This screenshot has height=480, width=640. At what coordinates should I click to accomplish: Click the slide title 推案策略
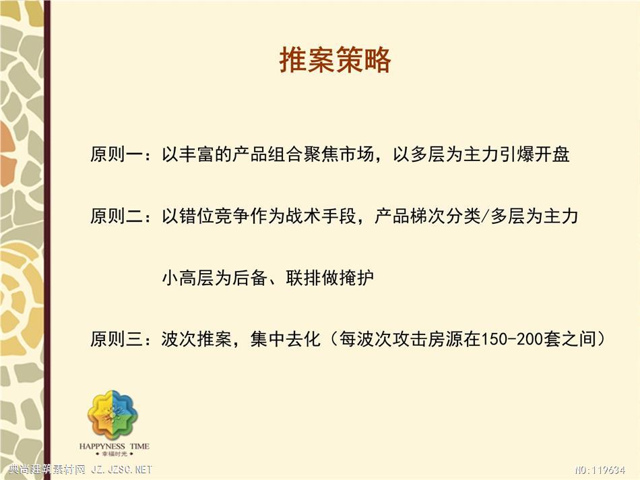pyautogui.click(x=335, y=59)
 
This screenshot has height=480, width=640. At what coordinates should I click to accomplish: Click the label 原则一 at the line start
pyautogui.click(x=117, y=155)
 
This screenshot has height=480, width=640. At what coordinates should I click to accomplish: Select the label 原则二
pyautogui.click(x=117, y=216)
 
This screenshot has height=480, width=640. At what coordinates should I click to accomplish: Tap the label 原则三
pyautogui.click(x=117, y=339)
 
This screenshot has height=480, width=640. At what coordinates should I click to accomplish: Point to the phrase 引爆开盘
pyautogui.click(x=535, y=155)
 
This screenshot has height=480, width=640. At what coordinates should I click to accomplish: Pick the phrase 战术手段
pyautogui.click(x=321, y=216)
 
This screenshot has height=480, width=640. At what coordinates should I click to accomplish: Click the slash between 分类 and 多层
pyautogui.click(x=485, y=216)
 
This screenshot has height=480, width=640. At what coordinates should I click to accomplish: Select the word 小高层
pyautogui.click(x=188, y=278)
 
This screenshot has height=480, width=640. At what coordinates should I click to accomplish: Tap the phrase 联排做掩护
pyautogui.click(x=330, y=278)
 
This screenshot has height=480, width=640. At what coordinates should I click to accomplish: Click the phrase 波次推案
pyautogui.click(x=197, y=339)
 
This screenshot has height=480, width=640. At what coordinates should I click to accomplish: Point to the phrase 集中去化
pyautogui.click(x=286, y=339)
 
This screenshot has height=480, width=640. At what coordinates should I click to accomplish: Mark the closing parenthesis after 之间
pyautogui.click(x=601, y=339)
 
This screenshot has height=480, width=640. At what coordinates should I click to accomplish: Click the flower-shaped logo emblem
pyautogui.click(x=113, y=415)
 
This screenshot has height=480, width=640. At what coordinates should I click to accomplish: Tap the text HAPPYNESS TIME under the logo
pyautogui.click(x=115, y=446)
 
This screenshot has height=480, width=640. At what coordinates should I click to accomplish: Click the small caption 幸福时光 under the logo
pyautogui.click(x=115, y=454)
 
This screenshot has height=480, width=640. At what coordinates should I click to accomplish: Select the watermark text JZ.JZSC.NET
pyautogui.click(x=122, y=470)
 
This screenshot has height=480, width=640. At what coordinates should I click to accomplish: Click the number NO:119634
pyautogui.click(x=600, y=470)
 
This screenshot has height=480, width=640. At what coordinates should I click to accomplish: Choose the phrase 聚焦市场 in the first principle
pyautogui.click(x=339, y=155)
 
